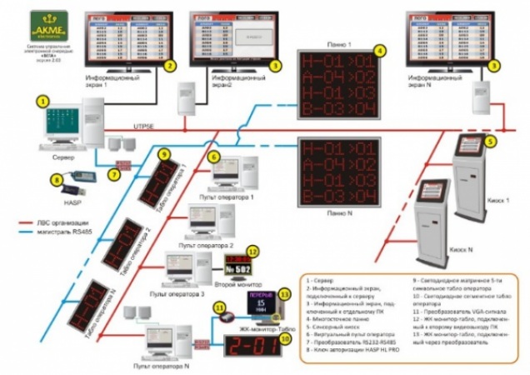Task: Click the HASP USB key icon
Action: click(81, 181)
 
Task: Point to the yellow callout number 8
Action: click(57, 177)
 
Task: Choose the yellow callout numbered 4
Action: click(379, 51)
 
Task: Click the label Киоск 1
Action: click(497, 201)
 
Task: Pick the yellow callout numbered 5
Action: click(491, 142)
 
